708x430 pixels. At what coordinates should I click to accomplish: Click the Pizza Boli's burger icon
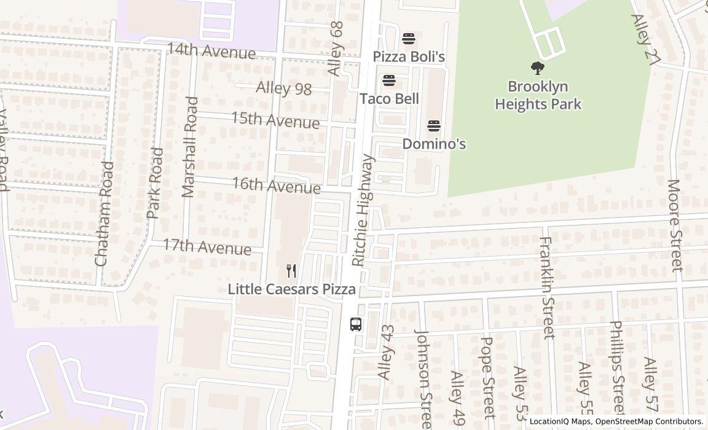[x=409, y=39]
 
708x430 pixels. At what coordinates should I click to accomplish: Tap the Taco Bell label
[x=389, y=99]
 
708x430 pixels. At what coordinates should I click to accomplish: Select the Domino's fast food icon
[x=434, y=126]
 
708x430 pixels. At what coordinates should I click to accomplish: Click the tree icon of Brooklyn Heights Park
[x=538, y=68]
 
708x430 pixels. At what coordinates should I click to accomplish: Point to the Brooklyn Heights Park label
[x=538, y=95]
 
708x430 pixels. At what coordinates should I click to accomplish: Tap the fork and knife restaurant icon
[x=291, y=271]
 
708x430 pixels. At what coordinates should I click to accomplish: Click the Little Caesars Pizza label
[x=291, y=289]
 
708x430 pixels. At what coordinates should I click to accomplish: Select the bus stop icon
[x=356, y=324]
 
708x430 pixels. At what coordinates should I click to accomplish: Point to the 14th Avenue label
[x=211, y=51]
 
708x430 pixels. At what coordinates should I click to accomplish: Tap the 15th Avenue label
[x=275, y=120]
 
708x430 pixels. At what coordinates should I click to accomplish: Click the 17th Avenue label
[x=206, y=247]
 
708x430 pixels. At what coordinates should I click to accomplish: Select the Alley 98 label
[x=283, y=88]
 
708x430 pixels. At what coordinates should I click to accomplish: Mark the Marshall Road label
[x=190, y=147]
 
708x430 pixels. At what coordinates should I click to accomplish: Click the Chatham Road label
[x=104, y=213]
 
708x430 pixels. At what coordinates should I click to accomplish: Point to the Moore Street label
[x=675, y=225]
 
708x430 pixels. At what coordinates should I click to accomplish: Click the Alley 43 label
[x=385, y=352]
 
